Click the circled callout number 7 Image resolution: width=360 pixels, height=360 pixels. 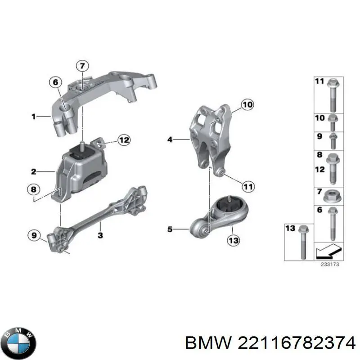pyautogui.click(x=82, y=66)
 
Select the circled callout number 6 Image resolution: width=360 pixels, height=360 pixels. pyautogui.click(x=55, y=82)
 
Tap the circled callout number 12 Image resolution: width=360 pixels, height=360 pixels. pyautogui.click(x=124, y=140)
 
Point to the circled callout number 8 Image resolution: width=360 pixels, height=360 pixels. pyautogui.click(x=33, y=189)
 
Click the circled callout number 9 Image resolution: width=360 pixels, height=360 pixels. pyautogui.click(x=34, y=234)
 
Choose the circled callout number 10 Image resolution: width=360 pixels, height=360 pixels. pyautogui.click(x=247, y=105)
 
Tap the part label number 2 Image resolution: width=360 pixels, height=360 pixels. pyautogui.click(x=33, y=171)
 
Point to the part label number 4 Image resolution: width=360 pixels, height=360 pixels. pyautogui.click(x=170, y=140)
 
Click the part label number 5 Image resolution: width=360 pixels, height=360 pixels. pyautogui.click(x=170, y=229)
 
